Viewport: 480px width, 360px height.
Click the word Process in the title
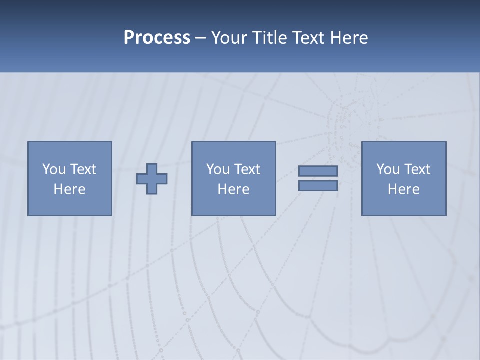pos(157,38)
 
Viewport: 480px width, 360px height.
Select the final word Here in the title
pos(349,38)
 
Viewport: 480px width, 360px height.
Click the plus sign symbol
pos(152,179)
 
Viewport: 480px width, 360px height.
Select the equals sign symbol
pos(318,178)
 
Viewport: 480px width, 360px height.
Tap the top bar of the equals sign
pos(318,171)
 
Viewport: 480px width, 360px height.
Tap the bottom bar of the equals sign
pos(318,186)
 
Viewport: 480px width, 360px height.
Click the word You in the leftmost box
pos(54,169)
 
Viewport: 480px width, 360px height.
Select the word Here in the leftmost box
pos(69,189)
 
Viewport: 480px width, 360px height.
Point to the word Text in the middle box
pos(247,169)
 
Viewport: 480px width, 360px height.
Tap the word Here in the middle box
pos(233,189)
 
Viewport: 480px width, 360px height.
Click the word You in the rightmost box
pos(388,169)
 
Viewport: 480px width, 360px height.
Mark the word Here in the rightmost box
pos(403,189)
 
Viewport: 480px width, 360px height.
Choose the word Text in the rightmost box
pos(417,169)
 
